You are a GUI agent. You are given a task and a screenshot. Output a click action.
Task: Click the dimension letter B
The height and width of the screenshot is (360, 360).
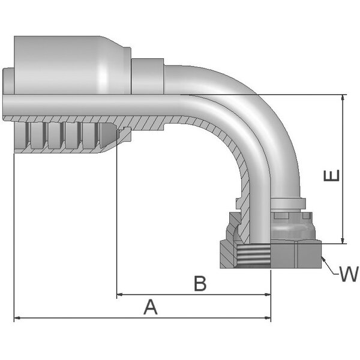tap(200, 284)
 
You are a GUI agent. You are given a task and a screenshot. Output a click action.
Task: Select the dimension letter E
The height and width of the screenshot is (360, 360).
tap(332, 176)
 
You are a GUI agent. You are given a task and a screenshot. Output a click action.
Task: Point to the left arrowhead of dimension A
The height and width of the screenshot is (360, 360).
tap(17, 318)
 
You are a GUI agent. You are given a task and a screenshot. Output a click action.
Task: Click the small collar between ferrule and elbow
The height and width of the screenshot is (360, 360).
tap(147, 76)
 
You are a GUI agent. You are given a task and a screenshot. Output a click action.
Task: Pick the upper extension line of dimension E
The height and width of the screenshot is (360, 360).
tap(300, 95)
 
